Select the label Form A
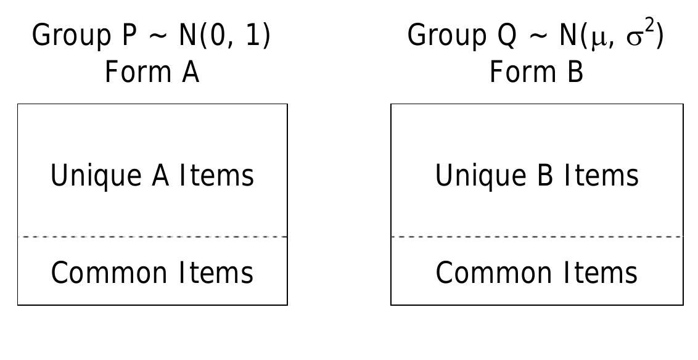(x=152, y=72)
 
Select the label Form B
(x=536, y=72)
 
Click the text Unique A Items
(x=152, y=175)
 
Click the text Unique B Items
(x=536, y=175)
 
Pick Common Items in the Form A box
(x=152, y=272)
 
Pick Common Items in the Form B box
(x=536, y=272)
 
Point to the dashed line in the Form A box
(x=152, y=237)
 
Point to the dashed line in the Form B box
(x=536, y=237)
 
